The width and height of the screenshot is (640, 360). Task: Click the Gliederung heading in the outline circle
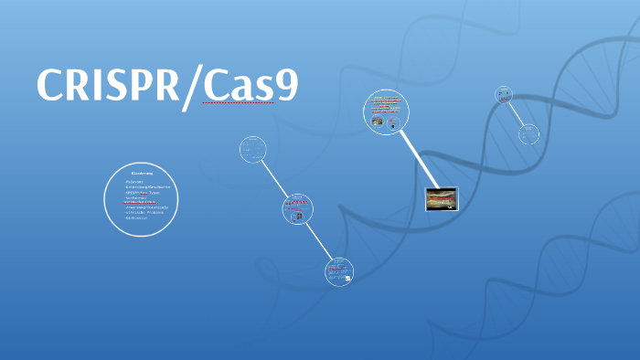(x=141, y=173)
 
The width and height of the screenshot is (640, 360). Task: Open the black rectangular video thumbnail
(x=442, y=198)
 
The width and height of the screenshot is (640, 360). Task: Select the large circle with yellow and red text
(x=386, y=112)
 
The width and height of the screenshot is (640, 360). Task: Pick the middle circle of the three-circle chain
(x=298, y=209)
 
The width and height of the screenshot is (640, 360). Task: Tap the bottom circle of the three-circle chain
(x=338, y=270)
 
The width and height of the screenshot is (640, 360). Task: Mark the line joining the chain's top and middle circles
(x=274, y=178)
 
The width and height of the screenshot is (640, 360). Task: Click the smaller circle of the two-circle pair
(x=504, y=93)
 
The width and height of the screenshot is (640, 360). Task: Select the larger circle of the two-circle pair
(x=528, y=134)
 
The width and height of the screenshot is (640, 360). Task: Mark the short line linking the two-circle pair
(x=516, y=113)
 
